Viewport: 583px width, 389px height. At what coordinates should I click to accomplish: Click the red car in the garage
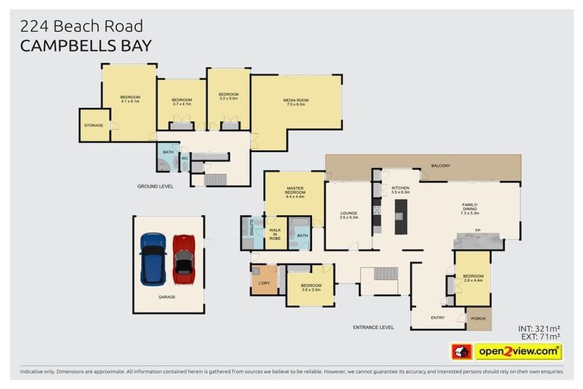[184, 257]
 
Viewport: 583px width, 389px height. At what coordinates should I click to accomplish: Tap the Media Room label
[295, 102]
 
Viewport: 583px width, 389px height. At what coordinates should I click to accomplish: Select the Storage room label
[93, 125]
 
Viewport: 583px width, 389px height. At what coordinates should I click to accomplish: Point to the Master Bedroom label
[295, 192]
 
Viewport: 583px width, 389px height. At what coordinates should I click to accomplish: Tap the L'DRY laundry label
[264, 283]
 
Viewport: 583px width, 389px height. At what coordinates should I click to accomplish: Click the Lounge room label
[348, 214]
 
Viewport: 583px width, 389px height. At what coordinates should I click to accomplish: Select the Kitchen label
[400, 189]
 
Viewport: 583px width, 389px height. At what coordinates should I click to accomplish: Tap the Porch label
[478, 318]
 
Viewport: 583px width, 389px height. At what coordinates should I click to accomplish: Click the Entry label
[438, 318]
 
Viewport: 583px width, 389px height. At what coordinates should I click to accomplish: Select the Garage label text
[167, 297]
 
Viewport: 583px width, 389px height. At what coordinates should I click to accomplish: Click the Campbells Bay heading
[86, 45]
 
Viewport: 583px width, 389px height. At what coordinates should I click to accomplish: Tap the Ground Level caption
[154, 185]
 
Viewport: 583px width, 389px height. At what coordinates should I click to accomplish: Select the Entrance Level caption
[373, 327]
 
